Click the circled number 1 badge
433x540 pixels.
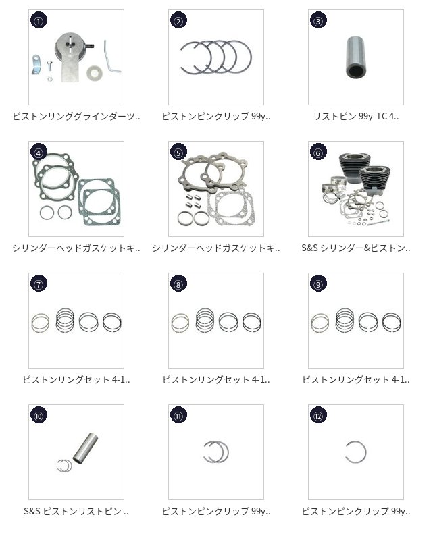tap(39, 20)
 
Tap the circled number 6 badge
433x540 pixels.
tap(318, 152)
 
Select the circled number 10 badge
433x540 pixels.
tap(39, 415)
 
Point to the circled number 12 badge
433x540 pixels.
tap(318, 415)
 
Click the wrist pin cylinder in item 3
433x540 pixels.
tap(356, 57)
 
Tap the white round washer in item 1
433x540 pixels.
tap(93, 73)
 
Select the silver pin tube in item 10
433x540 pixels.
tap(85, 448)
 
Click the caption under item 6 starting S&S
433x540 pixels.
tap(356, 248)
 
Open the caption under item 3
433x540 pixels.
tap(356, 116)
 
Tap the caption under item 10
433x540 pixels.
tap(76, 511)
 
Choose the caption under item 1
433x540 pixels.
tap(76, 116)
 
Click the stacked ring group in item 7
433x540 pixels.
tap(65, 320)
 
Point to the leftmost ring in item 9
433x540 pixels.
tap(320, 323)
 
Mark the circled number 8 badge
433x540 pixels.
tap(178, 283)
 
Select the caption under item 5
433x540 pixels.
tap(216, 248)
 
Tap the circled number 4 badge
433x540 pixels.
tap(39, 152)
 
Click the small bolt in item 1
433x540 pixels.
tap(49, 66)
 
